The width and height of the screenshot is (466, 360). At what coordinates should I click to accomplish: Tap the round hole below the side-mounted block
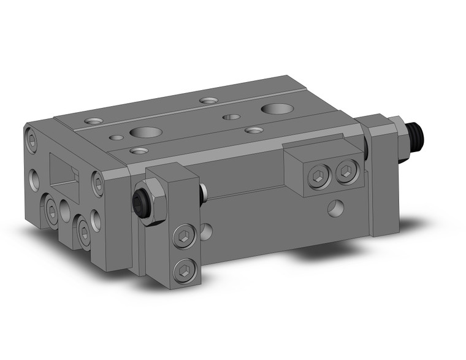[x=335, y=209]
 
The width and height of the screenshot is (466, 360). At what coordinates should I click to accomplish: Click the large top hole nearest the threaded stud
[x=275, y=109]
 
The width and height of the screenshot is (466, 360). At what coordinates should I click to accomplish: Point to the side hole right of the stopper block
[x=207, y=231]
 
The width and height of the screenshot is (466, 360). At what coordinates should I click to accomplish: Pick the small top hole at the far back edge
[x=208, y=99]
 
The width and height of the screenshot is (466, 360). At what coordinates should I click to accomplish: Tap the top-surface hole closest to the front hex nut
[x=139, y=150]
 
